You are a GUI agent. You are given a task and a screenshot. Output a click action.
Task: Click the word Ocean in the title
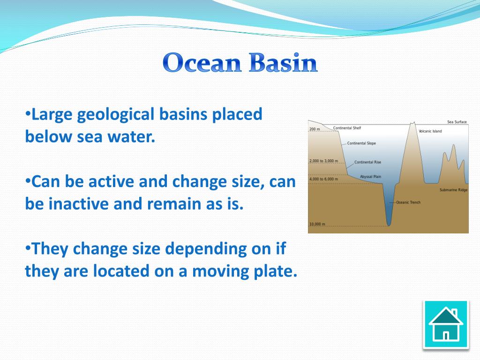(202, 62)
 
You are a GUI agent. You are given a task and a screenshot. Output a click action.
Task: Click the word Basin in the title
(283, 62)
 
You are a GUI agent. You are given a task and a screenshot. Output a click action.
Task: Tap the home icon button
(446, 325)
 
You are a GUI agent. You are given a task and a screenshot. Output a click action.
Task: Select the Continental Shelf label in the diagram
(347, 128)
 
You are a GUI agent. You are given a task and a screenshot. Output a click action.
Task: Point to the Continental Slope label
(361, 143)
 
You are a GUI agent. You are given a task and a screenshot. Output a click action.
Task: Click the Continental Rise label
(367, 162)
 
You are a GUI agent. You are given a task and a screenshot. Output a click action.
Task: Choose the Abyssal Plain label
(370, 177)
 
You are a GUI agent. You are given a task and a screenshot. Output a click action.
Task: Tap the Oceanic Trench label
(408, 202)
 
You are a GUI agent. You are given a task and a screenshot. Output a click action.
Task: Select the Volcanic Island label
(430, 131)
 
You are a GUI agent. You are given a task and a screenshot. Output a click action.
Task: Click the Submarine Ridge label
(453, 190)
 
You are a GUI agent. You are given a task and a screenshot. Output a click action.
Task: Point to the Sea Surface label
(457, 122)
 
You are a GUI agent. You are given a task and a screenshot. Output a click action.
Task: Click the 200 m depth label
(315, 129)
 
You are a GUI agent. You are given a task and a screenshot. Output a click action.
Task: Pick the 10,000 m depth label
(317, 224)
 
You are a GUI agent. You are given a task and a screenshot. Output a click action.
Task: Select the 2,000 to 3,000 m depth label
(323, 161)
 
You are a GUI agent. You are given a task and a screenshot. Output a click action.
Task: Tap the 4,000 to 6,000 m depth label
(323, 179)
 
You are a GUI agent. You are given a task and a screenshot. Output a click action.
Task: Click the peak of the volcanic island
(413, 122)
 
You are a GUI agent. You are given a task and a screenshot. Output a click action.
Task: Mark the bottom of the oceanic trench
(389, 226)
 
